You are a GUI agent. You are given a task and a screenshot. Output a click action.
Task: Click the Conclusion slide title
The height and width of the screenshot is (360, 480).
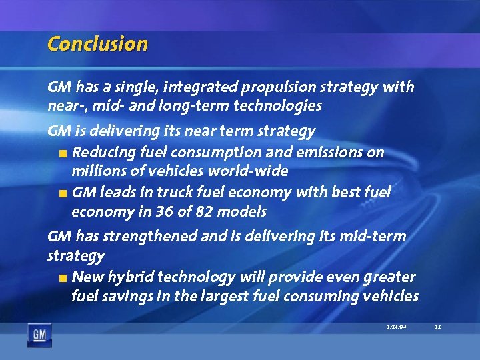(97, 44)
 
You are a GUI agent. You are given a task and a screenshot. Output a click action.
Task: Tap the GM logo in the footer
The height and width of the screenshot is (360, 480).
(39, 334)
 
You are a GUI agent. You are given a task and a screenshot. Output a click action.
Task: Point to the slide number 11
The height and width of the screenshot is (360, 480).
(437, 327)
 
